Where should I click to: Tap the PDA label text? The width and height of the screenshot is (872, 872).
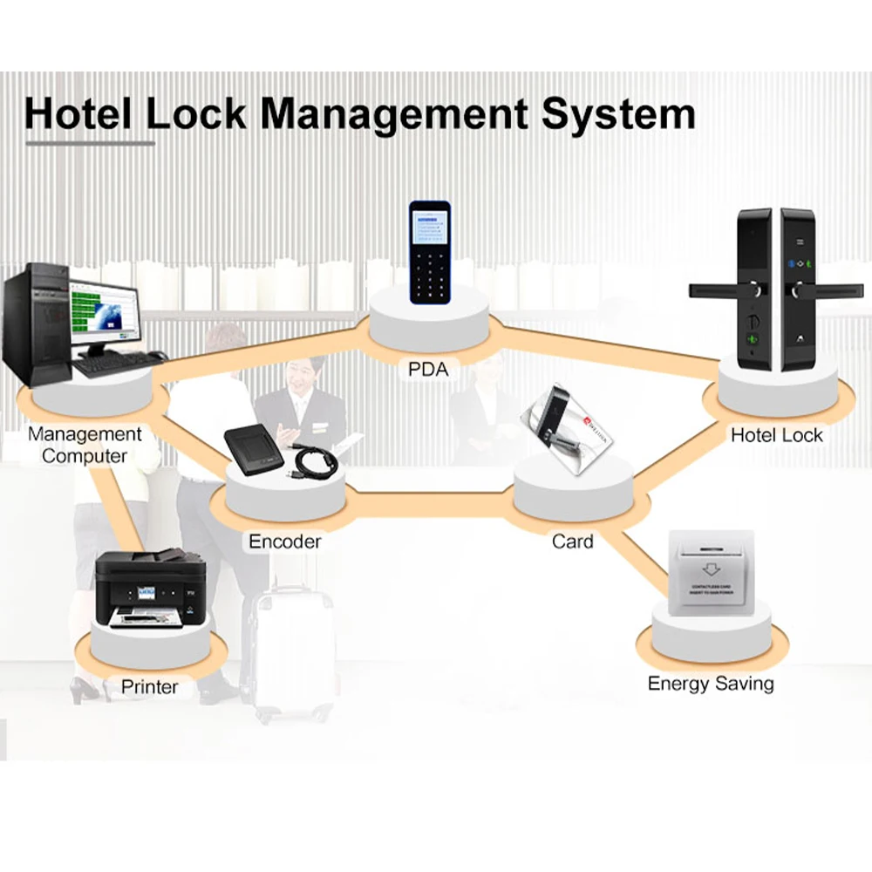pyautogui.click(x=427, y=369)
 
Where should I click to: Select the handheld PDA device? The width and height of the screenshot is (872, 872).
pyautogui.click(x=430, y=252)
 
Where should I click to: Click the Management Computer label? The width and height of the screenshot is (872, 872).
pyautogui.click(x=85, y=445)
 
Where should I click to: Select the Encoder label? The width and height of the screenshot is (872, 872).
pyautogui.click(x=284, y=542)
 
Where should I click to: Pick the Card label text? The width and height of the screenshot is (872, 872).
pyautogui.click(x=572, y=542)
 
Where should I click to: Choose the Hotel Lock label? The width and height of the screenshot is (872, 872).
pyautogui.click(x=776, y=435)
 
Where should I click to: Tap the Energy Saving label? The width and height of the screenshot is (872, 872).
pyautogui.click(x=710, y=683)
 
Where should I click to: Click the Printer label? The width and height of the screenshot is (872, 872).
pyautogui.click(x=149, y=687)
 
